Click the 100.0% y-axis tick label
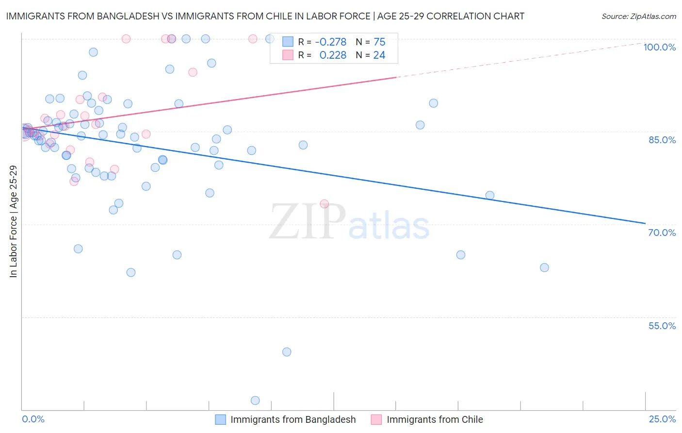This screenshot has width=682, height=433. pos(659,47)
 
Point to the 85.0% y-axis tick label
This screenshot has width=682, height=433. pos(662,140)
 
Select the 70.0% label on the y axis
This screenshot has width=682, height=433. pos(662,233)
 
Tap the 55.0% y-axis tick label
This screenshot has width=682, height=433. pos(662,326)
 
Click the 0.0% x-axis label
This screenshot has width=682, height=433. pos(33,419)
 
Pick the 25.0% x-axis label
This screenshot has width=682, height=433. pos(662,419)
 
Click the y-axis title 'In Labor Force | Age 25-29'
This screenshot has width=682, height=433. pos(13,221)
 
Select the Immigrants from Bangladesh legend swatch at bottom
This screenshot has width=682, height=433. pos(221,419)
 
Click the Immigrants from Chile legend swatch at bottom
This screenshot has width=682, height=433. pos(376,419)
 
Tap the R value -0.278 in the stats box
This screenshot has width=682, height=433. pos(330,42)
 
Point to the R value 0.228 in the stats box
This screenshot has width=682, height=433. pos(333,55)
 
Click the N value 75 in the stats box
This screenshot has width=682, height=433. pos(379,42)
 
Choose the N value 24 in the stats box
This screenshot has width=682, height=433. pos(379,55)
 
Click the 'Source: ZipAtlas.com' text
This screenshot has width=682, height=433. pos(638,17)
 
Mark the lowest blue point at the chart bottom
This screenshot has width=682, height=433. pos(255,400)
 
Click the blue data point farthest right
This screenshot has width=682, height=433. pos(544,267)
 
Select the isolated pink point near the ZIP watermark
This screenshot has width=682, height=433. pos(325,204)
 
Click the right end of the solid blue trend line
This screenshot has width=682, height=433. pos(645,223)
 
